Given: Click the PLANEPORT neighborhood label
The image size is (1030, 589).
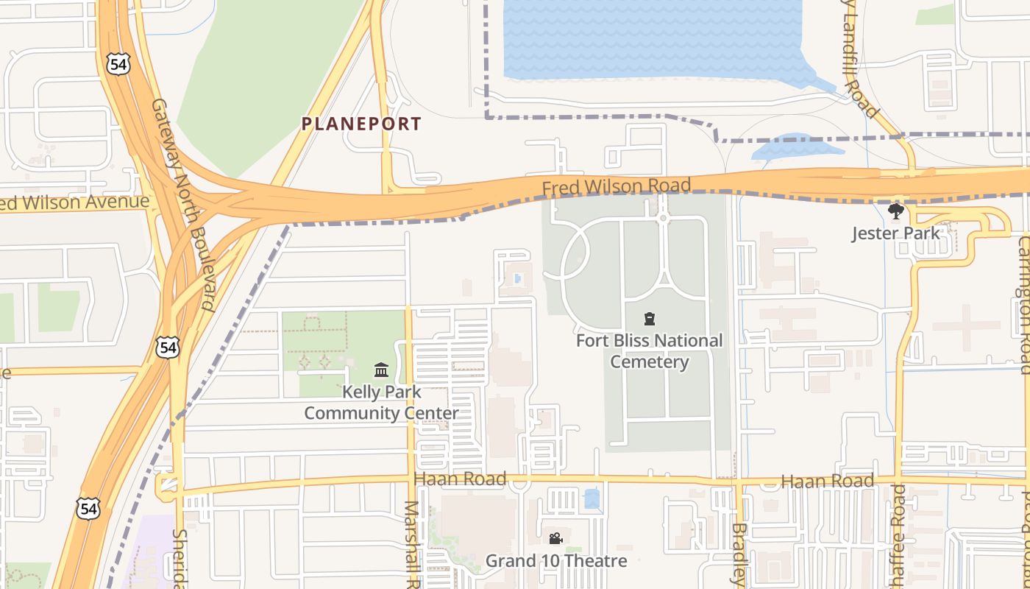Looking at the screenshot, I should (361, 124).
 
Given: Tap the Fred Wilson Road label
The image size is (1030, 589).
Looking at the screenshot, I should (617, 187).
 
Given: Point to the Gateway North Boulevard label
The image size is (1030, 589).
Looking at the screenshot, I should (181, 205).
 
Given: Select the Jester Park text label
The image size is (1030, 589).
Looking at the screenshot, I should (895, 233).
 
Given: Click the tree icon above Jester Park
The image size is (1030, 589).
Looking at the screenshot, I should (895, 212).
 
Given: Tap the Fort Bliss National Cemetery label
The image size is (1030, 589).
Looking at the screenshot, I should (649, 351).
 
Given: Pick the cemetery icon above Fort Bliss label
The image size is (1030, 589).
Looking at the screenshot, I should (649, 319).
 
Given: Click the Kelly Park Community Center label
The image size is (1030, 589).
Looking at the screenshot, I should (381, 403).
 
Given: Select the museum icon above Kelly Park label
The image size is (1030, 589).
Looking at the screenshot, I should (381, 370).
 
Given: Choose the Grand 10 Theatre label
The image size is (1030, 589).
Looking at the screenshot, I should (556, 561).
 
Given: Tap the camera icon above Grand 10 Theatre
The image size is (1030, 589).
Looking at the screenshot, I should (555, 539).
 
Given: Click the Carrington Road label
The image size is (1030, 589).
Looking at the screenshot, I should (1023, 305).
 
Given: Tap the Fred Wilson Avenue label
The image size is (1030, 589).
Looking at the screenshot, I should (74, 202).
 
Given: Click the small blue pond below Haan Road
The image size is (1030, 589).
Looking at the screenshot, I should (592, 499).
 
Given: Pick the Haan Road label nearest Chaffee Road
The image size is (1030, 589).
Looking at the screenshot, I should (828, 482).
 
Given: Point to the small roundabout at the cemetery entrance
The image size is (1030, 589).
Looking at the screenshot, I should (663, 218).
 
